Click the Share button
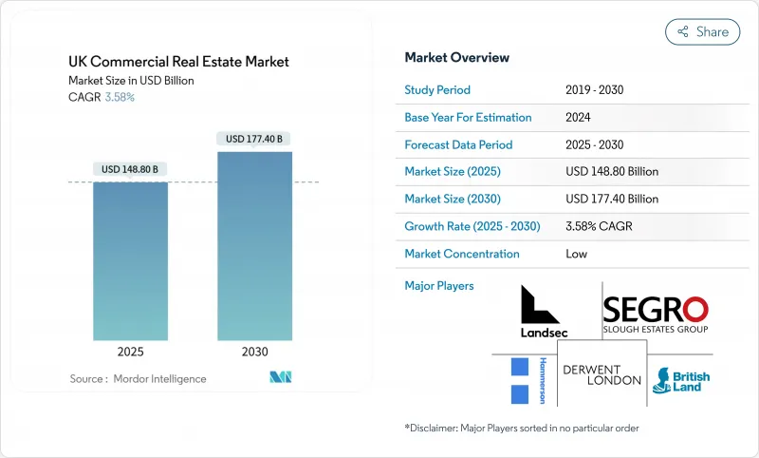pyautogui.click(x=702, y=31)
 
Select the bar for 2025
pyautogui.click(x=130, y=260)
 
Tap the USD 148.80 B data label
pyautogui.click(x=130, y=169)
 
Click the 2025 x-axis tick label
pyautogui.click(x=130, y=351)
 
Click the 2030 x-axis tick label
pyautogui.click(x=254, y=351)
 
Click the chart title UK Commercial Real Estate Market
pyautogui.click(x=178, y=62)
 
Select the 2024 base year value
pyautogui.click(x=578, y=117)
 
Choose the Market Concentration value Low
pyautogui.click(x=576, y=254)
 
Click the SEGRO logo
pyautogui.click(x=656, y=315)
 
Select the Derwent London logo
pyautogui.click(x=602, y=374)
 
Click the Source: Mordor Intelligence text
pyautogui.click(x=138, y=379)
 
